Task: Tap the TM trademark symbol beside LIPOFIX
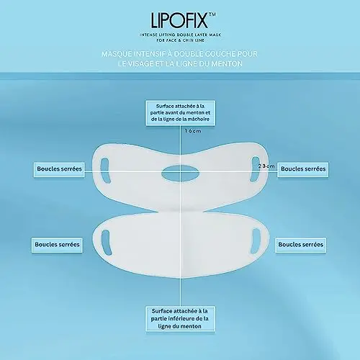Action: (212, 14)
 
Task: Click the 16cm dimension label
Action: (193, 131)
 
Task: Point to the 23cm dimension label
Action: (266, 166)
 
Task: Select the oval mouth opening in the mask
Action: (180, 173)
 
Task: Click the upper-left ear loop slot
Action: (105, 171)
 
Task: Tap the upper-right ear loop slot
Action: (255, 169)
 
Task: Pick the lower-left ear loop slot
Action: (107, 243)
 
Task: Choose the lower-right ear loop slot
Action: (256, 240)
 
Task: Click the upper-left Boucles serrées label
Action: (59, 169)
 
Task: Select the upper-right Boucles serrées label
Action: (303, 169)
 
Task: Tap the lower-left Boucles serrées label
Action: (57, 245)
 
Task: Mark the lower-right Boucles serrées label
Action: (301, 245)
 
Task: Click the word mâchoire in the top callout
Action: (199, 119)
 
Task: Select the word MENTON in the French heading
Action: (227, 63)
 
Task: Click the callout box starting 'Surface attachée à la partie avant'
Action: (181, 113)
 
